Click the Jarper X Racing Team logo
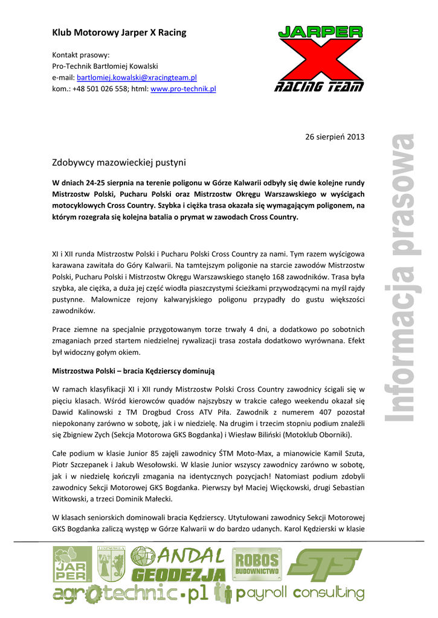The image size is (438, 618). pyautogui.click(x=320, y=59)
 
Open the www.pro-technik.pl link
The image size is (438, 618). pyautogui.click(x=183, y=89)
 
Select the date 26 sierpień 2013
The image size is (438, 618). pyautogui.click(x=336, y=137)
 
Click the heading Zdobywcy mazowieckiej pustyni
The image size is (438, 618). pyautogui.click(x=119, y=162)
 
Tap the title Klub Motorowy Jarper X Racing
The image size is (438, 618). pyautogui.click(x=119, y=33)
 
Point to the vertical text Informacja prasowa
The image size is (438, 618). pyautogui.click(x=401, y=278)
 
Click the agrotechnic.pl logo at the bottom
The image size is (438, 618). pyautogui.click(x=130, y=594)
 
